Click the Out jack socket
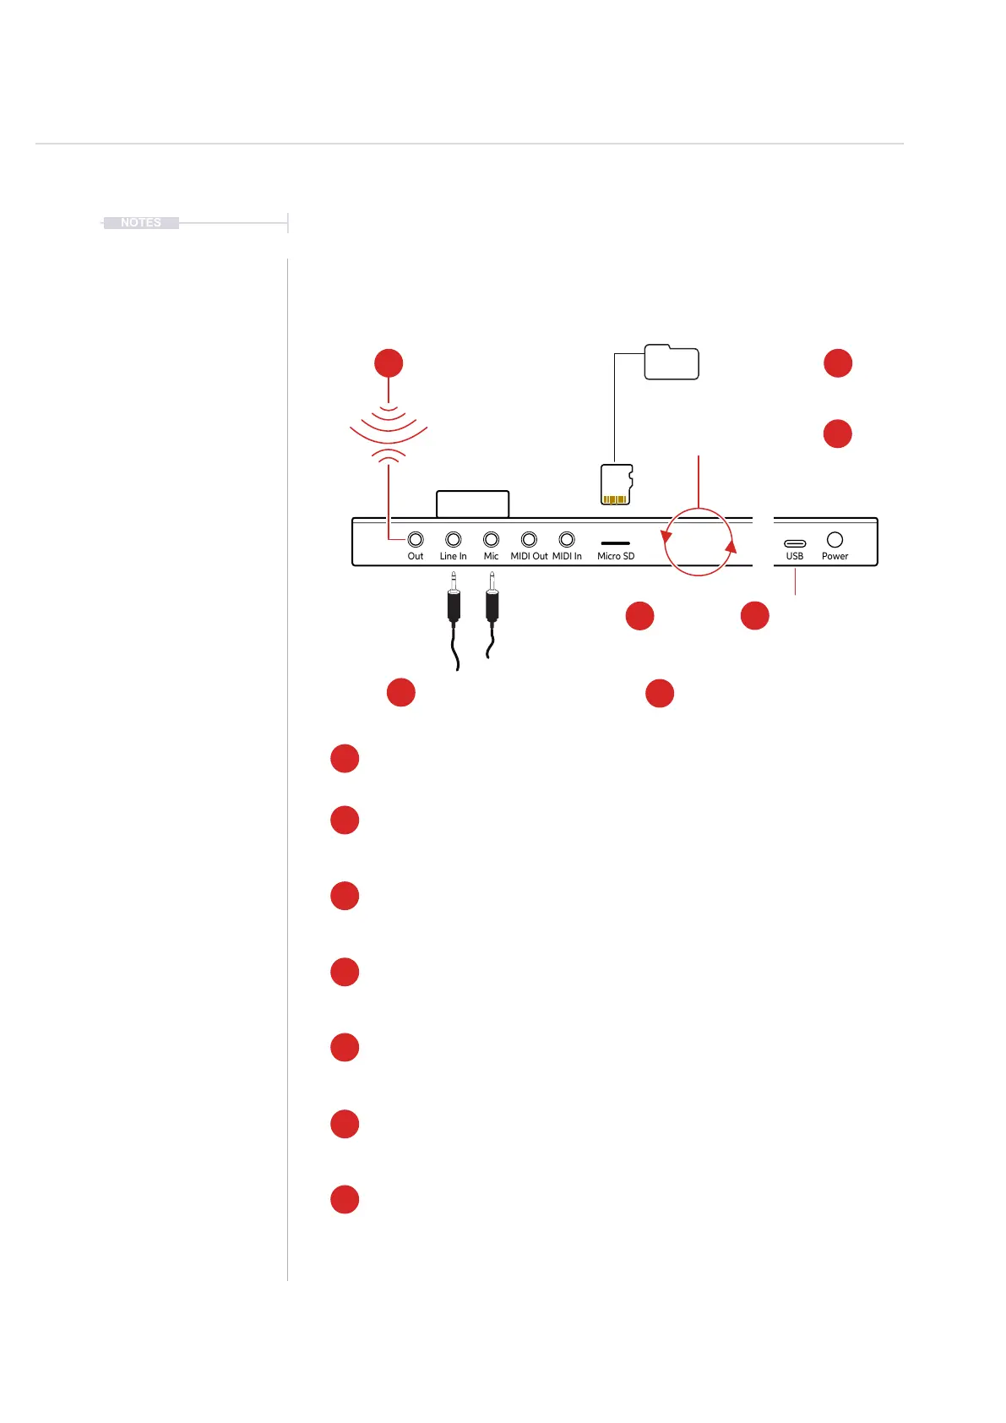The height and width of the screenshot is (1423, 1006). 416,539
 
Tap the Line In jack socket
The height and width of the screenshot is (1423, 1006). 454,539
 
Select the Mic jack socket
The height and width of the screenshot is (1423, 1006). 491,539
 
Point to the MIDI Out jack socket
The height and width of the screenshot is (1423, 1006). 529,539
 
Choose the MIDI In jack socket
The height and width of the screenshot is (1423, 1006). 567,539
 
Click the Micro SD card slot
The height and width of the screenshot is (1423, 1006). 615,543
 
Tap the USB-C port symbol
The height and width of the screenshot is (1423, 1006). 795,543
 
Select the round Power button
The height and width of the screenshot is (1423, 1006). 835,539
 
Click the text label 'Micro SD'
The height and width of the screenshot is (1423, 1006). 616,556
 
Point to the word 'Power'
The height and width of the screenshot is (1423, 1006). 835,556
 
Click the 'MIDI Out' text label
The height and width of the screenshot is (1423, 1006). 529,556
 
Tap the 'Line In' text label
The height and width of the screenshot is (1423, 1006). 453,556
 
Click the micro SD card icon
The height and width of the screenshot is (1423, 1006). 617,484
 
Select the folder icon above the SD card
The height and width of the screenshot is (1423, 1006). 672,363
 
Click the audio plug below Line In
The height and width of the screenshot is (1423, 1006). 454,602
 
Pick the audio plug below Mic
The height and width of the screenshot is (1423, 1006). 492,602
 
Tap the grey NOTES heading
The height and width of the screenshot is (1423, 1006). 141,223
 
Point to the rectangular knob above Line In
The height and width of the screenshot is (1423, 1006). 472,504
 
